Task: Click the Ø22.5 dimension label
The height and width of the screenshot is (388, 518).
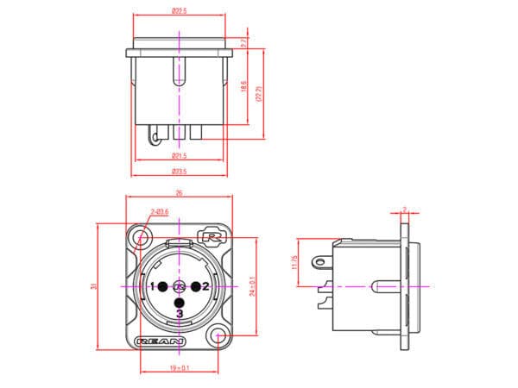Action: click(179, 10)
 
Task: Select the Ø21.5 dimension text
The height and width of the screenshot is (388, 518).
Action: click(179, 155)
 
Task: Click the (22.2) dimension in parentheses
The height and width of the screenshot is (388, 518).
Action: click(260, 93)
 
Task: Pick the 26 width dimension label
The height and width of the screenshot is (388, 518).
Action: click(179, 193)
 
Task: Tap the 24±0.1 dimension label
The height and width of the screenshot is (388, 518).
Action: click(252, 285)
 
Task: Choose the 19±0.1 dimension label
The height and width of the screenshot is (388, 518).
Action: click(180, 368)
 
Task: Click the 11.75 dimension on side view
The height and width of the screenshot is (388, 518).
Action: click(295, 261)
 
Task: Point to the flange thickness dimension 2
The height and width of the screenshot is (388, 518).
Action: click(405, 208)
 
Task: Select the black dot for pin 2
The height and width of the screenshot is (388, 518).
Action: click(195, 285)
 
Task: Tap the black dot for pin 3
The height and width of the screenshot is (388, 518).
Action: click(179, 302)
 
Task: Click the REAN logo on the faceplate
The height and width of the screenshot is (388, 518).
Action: click(161, 341)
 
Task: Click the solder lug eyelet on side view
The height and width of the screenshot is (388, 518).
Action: click(323, 259)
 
